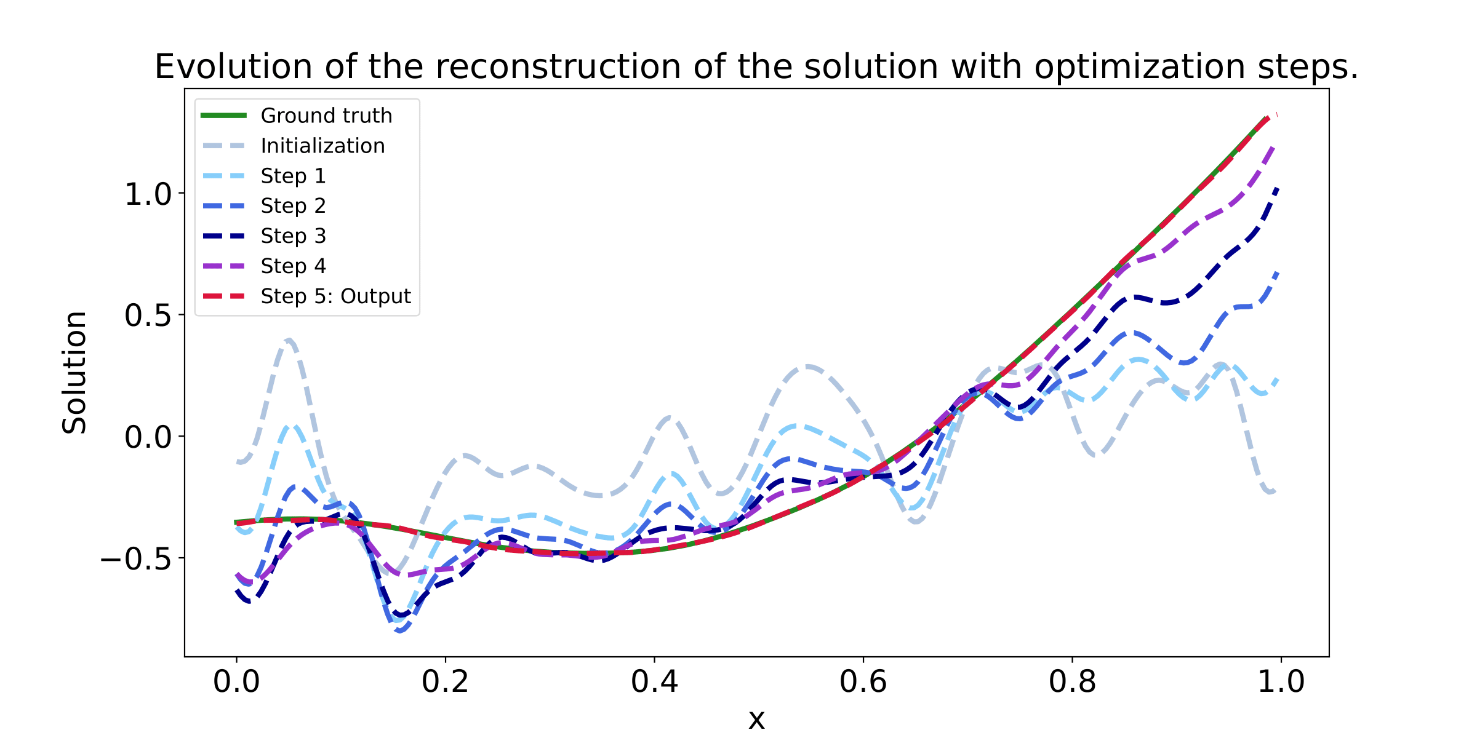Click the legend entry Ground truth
[326, 116]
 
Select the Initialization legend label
[322, 146]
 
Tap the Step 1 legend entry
[293, 176]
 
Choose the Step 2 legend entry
[293, 205]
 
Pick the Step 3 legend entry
[293, 236]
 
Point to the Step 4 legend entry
[293, 266]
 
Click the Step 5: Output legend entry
[335, 296]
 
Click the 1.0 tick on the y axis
[148, 194]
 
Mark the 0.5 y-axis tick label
[148, 315]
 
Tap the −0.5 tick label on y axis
[137, 559]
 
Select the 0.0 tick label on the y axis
[148, 437]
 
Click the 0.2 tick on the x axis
[445, 681]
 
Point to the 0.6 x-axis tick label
[863, 681]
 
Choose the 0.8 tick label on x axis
[1072, 681]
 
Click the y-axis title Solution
[74, 373]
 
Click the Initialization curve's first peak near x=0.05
[289, 340]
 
